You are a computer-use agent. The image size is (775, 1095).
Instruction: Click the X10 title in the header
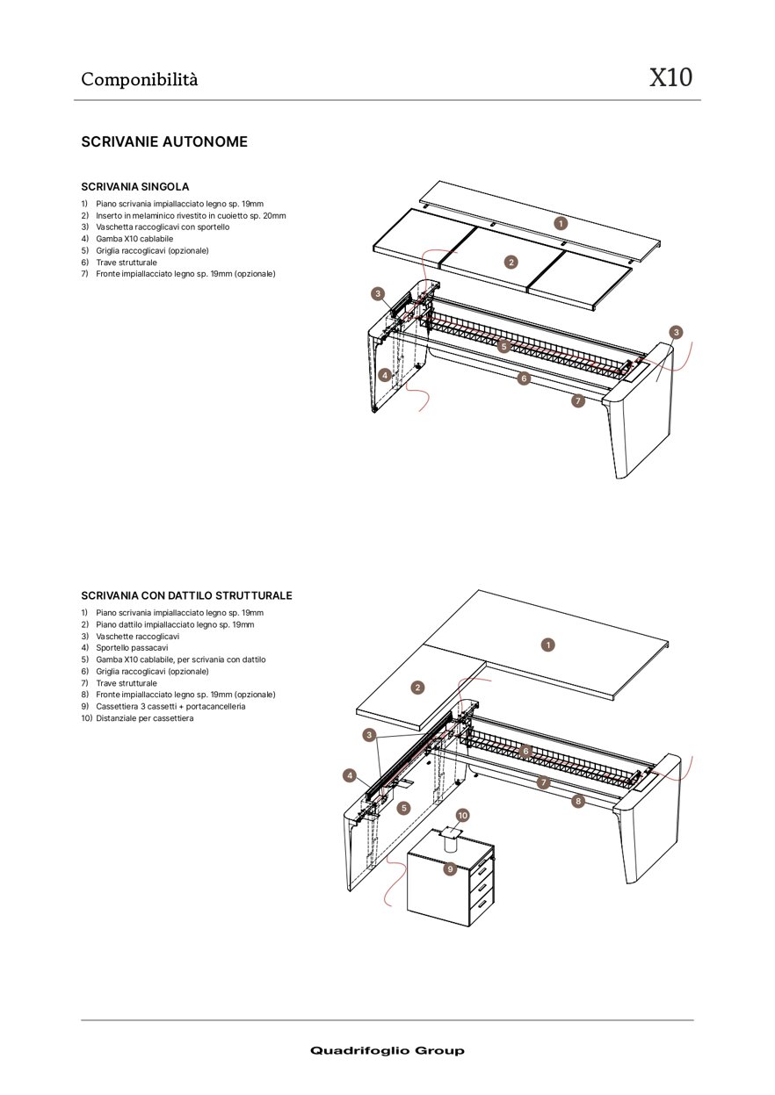pos(670,78)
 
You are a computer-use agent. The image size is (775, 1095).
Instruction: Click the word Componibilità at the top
pos(140,79)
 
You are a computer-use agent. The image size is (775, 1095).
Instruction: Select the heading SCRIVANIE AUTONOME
pos(164,141)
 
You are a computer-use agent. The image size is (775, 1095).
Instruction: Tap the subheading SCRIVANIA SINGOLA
pos(134,187)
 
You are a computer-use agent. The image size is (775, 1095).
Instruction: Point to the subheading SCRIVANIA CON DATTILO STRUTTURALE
pos(186,595)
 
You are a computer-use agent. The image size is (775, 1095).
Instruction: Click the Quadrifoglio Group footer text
pos(387,1051)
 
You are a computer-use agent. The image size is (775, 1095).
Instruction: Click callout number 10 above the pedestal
pos(463,815)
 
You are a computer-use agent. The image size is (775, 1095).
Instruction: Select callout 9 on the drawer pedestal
pos(450,868)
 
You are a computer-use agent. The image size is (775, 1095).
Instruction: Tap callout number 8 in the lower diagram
pos(577,801)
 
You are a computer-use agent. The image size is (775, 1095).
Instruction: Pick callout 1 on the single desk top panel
pos(561,223)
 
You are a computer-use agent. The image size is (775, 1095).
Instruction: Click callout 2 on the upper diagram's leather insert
pos(511,262)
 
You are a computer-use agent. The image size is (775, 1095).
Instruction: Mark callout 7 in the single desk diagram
pos(577,400)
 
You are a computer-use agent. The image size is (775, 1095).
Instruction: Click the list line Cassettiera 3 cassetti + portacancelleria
pos(170,706)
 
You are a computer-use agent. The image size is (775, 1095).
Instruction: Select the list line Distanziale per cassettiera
pos(145,718)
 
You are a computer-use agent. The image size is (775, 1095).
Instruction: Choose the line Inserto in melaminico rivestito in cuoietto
pos(190,215)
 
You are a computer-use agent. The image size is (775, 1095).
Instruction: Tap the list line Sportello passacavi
pos(132,647)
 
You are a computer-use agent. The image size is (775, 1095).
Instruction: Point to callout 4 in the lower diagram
pos(350,775)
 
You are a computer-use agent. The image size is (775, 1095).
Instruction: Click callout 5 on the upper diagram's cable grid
pos(503,347)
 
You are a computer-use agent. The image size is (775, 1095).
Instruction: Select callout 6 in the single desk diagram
pos(524,378)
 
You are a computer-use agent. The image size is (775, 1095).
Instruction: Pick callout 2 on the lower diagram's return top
pos(418,688)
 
